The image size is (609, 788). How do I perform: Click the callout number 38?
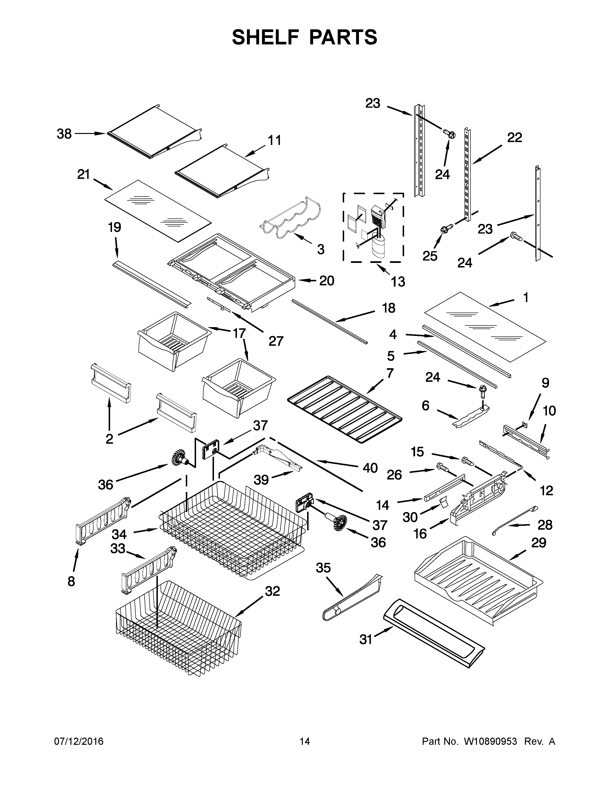[64, 134]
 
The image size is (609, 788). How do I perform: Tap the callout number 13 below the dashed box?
[398, 282]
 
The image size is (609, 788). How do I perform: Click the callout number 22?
[514, 138]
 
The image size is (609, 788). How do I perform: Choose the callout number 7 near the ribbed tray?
[390, 373]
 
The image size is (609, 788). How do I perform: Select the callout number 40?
[370, 468]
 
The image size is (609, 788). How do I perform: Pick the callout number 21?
[83, 175]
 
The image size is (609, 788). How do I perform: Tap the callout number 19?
[114, 228]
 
